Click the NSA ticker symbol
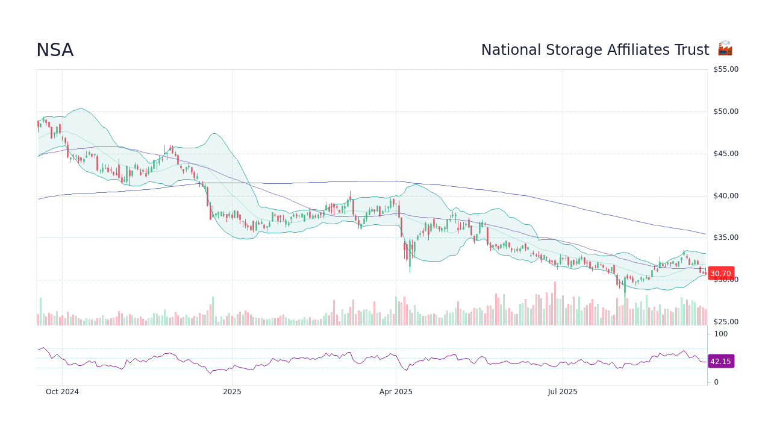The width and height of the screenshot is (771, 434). [x=55, y=51]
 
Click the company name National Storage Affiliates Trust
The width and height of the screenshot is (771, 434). [x=595, y=50]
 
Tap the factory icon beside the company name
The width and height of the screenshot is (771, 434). [x=725, y=49]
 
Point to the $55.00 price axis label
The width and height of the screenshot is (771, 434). [x=726, y=69]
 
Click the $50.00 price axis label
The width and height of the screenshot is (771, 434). [x=726, y=112]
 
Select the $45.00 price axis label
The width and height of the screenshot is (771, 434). [x=726, y=154]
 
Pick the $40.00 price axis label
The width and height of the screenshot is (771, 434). [x=726, y=196]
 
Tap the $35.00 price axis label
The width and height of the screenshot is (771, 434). [x=726, y=237]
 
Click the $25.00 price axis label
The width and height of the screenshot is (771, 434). [x=726, y=322]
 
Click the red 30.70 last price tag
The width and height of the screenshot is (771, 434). [x=720, y=274]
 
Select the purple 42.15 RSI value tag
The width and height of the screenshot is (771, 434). [x=720, y=362]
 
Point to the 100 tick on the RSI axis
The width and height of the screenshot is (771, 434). [x=721, y=334]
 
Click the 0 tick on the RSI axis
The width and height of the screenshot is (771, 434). [x=716, y=382]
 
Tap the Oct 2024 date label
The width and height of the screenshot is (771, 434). [x=63, y=392]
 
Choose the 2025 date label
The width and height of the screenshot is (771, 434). [x=232, y=392]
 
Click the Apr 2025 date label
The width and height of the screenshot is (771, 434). [x=396, y=392]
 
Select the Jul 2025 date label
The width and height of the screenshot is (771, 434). [x=563, y=392]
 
